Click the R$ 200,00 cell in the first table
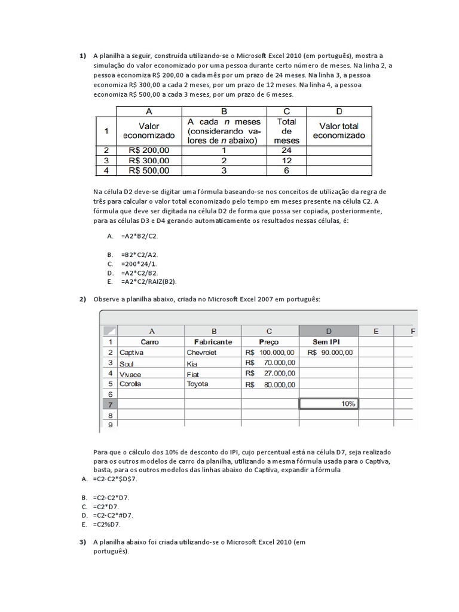click(x=149, y=151)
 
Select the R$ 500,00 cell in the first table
click(x=149, y=170)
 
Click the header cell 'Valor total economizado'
click(x=339, y=130)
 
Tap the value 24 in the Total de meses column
click(x=286, y=151)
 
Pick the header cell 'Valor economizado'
click(x=149, y=130)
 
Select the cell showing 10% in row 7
click(x=329, y=404)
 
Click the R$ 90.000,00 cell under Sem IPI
click(x=330, y=353)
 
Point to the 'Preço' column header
click(x=269, y=342)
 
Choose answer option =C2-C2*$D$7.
click(x=115, y=479)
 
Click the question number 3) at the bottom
click(x=83, y=542)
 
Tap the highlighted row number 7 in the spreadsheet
click(x=109, y=405)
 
